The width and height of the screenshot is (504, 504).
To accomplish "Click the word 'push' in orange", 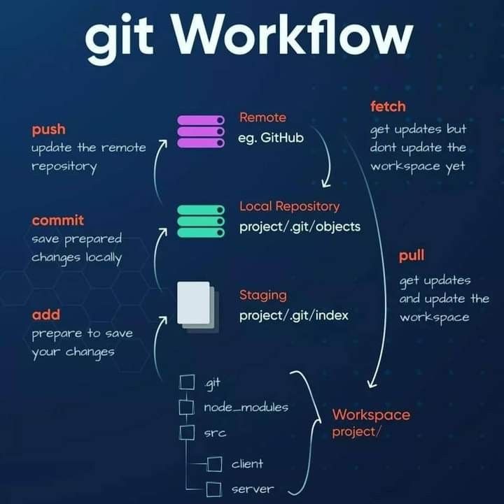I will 48,129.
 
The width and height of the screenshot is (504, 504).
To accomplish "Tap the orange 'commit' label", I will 57,220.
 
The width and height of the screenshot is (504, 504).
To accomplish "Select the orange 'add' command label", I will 46,315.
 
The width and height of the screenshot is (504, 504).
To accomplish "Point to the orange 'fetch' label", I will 388,107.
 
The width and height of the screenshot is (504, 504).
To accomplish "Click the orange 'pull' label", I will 412,256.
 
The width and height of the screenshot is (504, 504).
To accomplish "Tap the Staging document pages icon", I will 197,305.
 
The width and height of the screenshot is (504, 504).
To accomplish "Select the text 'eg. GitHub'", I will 272,138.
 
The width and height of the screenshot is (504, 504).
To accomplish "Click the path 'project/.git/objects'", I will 300,226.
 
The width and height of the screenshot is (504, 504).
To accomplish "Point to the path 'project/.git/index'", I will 294,315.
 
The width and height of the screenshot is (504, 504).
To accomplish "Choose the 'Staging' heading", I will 262,295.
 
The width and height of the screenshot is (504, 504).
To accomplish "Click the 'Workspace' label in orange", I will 371,415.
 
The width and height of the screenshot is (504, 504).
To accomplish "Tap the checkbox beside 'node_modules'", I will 187,407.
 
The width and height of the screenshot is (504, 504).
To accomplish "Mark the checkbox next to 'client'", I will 215,463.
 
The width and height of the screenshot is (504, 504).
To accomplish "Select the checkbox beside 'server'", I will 215,489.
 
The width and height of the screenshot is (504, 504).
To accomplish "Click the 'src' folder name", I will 214,433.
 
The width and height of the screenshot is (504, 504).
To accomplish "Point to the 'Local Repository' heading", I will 289,206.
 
